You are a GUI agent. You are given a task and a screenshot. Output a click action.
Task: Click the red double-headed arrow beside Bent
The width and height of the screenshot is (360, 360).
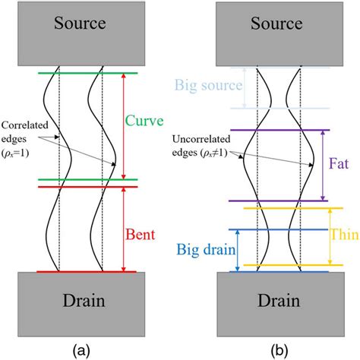click(123, 229)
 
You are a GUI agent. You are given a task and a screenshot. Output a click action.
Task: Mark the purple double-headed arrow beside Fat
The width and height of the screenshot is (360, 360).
click(324, 165)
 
